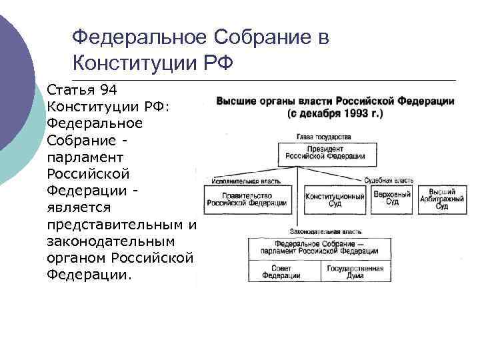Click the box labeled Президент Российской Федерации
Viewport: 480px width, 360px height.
pos(325,153)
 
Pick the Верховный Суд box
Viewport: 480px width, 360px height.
pos(387,198)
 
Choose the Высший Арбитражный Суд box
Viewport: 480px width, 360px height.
pos(441,199)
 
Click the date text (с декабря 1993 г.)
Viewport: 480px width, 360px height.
pos(335,114)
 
